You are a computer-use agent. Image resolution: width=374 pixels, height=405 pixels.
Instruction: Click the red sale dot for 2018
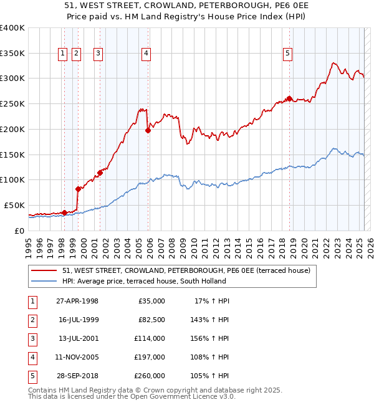coord(289,98)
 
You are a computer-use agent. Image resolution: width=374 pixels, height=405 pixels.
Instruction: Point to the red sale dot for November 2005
coord(148,130)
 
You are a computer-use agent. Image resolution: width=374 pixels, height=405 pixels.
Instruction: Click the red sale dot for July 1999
coord(78,189)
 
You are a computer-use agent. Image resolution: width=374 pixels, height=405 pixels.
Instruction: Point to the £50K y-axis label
coord(14,205)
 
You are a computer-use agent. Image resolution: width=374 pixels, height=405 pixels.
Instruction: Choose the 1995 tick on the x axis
coord(29,242)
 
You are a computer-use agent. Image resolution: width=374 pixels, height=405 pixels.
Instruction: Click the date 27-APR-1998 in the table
coord(77,301)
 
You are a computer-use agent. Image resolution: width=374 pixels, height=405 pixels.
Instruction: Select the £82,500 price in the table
coord(151,320)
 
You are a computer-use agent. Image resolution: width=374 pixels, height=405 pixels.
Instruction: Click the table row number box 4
coord(31,357)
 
